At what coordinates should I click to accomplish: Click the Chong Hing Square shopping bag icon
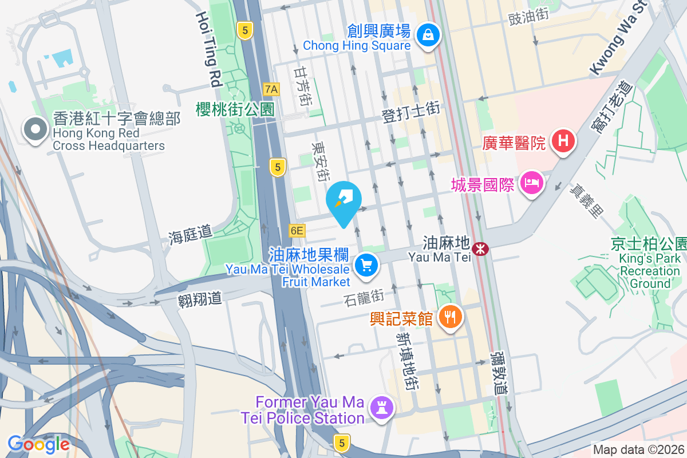(x=428, y=35)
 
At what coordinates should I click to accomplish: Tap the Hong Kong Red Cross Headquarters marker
(x=35, y=131)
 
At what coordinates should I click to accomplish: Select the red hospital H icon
(x=563, y=141)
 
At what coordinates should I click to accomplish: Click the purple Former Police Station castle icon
(x=379, y=408)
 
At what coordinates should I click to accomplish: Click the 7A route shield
(x=272, y=89)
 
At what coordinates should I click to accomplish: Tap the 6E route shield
(x=297, y=231)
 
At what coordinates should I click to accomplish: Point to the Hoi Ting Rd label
(x=208, y=50)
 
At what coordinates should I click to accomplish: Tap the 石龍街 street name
(x=364, y=297)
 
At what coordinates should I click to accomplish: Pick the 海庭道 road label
(x=190, y=234)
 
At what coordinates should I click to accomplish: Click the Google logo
(x=38, y=444)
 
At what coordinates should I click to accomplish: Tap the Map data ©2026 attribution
(x=638, y=450)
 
